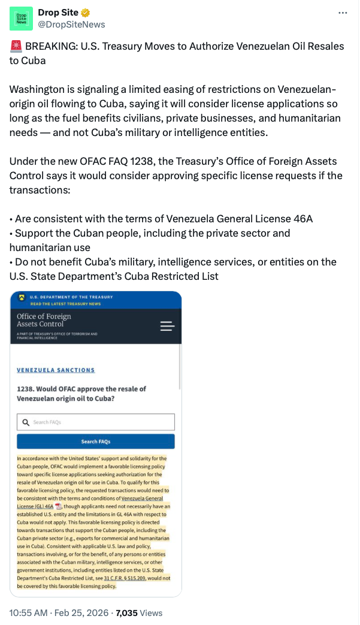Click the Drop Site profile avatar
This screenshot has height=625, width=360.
tap(21, 19)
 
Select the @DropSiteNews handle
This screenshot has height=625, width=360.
tap(71, 25)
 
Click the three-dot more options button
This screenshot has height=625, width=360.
tap(343, 13)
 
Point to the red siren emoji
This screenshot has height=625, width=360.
tap(16, 46)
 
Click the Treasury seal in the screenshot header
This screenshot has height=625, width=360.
tap(22, 297)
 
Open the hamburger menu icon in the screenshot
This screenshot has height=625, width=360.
tap(167, 326)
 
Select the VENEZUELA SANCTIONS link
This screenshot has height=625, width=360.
tap(56, 370)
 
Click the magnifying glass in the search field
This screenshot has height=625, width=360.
tap(25, 422)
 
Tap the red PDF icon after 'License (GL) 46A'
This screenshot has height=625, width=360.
tap(59, 506)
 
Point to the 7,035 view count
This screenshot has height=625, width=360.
tap(126, 613)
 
